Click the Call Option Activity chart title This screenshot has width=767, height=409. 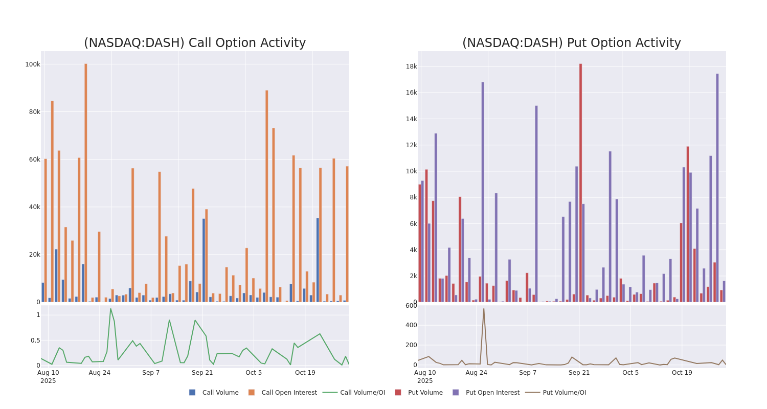coord(195,43)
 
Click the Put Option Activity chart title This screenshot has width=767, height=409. coord(571,43)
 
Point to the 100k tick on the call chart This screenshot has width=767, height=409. coord(33,64)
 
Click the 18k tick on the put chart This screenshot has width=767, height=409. coord(412,66)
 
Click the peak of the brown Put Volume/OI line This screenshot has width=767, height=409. coord(484,309)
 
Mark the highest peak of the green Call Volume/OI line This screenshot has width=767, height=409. coord(110,309)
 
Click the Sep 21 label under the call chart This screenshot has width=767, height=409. coord(202,373)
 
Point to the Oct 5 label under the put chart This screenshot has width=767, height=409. coord(630,373)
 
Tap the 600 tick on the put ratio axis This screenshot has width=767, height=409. coord(412,306)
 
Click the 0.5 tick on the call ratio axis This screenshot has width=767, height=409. coord(35,340)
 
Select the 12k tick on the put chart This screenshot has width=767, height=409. coord(412,145)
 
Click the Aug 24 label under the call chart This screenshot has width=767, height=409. coord(100,373)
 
